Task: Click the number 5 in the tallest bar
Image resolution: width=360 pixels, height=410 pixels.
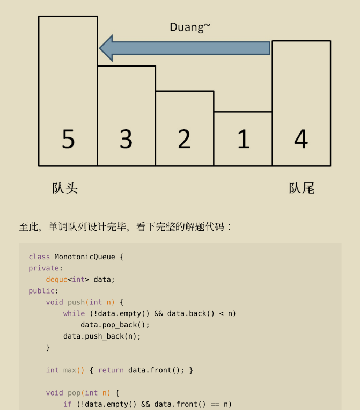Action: coord(68,139)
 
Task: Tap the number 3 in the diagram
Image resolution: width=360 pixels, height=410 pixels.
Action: coord(126,139)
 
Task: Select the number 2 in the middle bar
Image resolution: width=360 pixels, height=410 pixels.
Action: coord(185,139)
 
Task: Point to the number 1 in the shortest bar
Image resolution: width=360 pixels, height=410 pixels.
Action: coord(244,139)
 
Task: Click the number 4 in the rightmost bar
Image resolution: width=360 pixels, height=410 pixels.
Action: coord(301,139)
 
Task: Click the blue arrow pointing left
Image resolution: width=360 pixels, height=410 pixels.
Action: coord(185,48)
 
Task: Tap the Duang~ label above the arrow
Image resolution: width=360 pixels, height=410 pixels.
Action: coord(190,27)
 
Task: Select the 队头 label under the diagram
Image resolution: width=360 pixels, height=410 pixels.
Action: coord(65,188)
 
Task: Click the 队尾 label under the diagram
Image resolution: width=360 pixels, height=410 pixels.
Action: coord(302,188)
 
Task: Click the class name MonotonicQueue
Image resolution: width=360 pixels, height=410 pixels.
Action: coord(85,257)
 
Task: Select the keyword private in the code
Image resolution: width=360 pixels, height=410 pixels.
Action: coord(43,268)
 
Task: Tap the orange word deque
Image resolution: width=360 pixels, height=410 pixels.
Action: coord(57,280)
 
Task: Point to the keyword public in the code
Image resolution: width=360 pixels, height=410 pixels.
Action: coord(41,291)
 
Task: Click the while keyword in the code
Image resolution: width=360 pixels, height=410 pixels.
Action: coord(74,313)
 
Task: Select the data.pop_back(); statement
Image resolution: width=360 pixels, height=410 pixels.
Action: coord(115,325)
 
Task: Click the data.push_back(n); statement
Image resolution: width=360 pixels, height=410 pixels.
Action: coord(102,336)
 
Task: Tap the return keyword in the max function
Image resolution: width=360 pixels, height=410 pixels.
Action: coord(111,370)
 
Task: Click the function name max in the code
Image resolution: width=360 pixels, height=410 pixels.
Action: coord(70,370)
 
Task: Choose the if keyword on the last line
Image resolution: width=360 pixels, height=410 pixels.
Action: coord(68,404)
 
